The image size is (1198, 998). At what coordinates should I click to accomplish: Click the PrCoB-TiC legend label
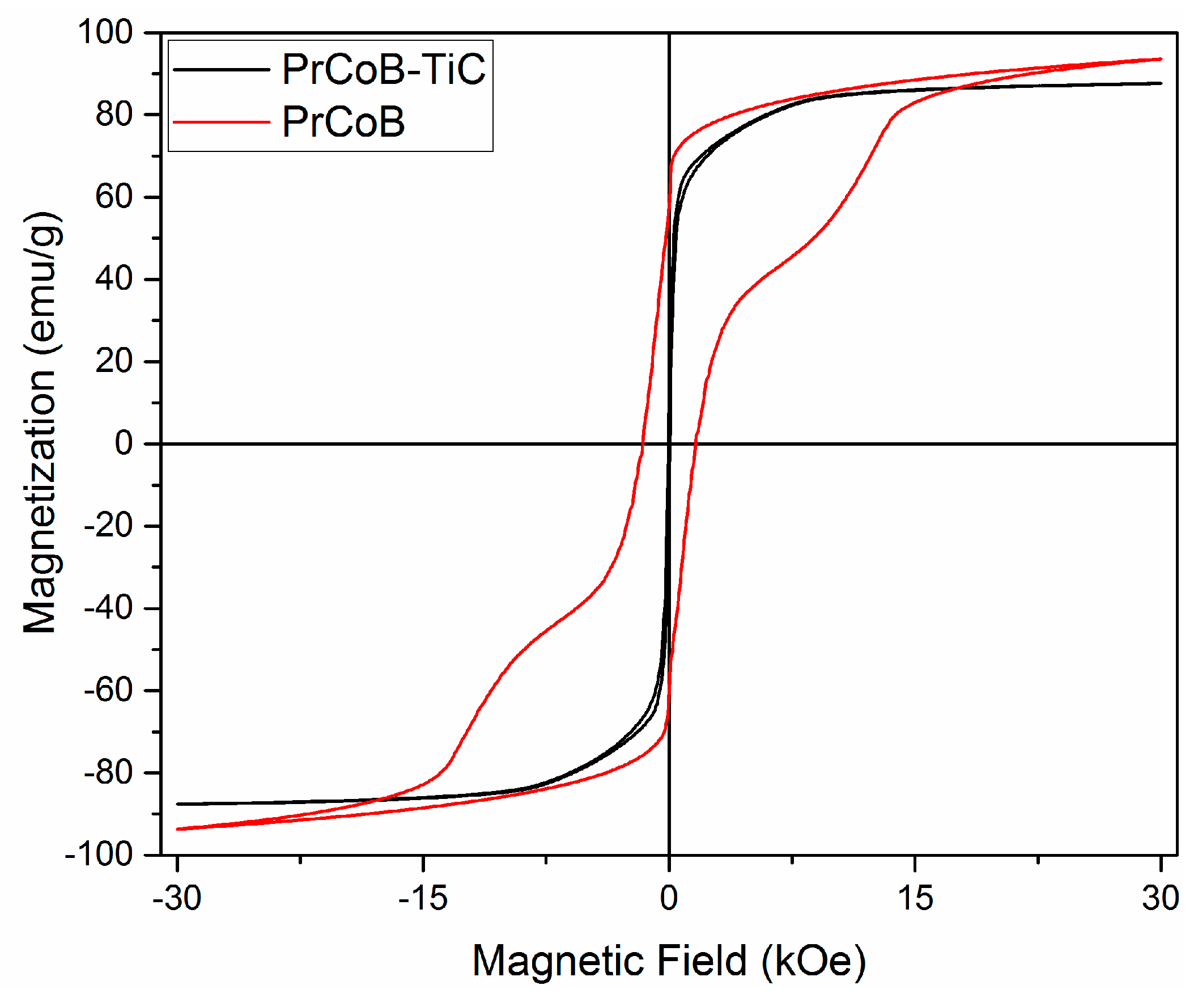pyautogui.click(x=383, y=70)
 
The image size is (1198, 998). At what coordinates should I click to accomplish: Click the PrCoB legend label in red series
pyautogui.click(x=343, y=122)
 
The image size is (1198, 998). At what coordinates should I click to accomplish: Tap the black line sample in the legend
pyautogui.click(x=222, y=70)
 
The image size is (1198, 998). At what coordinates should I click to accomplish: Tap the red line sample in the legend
pyautogui.click(x=222, y=122)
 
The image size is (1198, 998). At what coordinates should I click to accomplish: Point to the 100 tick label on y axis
pyautogui.click(x=105, y=32)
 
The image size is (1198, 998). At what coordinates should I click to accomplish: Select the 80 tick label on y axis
pyautogui.click(x=114, y=115)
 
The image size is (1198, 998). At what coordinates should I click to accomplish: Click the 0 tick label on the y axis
pyautogui.click(x=123, y=443)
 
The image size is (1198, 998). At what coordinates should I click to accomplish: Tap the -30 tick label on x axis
pyautogui.click(x=177, y=898)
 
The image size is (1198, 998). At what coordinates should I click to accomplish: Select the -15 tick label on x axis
pyautogui.click(x=423, y=898)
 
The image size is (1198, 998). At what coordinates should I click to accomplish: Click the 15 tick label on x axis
pyautogui.click(x=915, y=898)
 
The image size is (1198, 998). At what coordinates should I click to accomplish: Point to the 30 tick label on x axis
pyautogui.click(x=1161, y=898)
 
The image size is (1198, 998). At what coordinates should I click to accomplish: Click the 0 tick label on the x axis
pyautogui.click(x=669, y=898)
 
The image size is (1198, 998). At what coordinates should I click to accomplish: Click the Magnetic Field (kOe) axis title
pyautogui.click(x=669, y=962)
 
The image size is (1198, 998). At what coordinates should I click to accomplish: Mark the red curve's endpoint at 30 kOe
pyautogui.click(x=1161, y=59)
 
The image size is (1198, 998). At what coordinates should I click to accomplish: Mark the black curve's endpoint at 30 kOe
pyautogui.click(x=1161, y=83)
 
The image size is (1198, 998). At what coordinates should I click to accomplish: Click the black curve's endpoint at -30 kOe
pyautogui.click(x=178, y=804)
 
